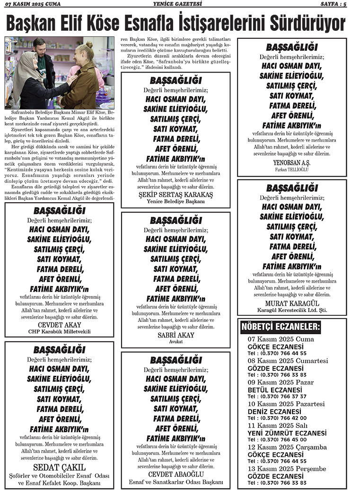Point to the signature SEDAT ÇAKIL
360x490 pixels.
coord(59,466)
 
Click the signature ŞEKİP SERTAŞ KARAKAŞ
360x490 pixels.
coord(176,195)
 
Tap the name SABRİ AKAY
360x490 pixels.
coord(176,335)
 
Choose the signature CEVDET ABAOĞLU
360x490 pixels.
coord(176,474)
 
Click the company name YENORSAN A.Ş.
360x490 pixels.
coord(291,162)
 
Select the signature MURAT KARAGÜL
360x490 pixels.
coord(291,303)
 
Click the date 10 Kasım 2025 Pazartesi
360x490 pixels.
coord(286,404)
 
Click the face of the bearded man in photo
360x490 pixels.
coord(40,48)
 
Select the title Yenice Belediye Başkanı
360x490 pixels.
coord(176,202)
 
